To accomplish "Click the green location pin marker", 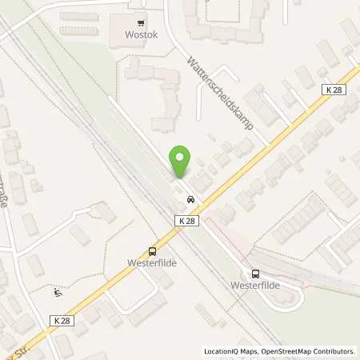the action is coord(181,162).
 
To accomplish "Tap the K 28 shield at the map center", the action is coord(186,219).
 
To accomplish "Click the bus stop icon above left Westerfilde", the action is coord(152,250).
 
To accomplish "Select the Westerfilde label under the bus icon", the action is coord(151,262).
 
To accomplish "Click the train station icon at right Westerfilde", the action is coord(254,273).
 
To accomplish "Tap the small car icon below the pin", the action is coord(190,199).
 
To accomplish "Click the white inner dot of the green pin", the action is coord(181,157).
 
